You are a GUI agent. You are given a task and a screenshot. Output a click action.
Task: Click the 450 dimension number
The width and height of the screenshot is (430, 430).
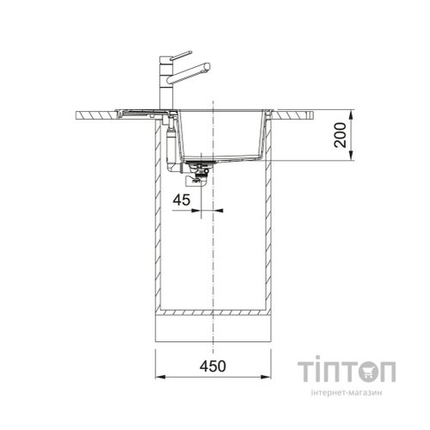[x=212, y=366]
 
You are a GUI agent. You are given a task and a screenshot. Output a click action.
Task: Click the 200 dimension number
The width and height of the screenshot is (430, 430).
[x=341, y=135]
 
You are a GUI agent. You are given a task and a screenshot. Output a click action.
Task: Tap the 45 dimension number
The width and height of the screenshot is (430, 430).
[x=181, y=200]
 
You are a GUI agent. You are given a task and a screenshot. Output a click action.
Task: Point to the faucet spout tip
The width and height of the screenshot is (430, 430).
[x=208, y=66]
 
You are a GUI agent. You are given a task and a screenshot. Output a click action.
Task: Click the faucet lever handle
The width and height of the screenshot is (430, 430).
[x=181, y=55]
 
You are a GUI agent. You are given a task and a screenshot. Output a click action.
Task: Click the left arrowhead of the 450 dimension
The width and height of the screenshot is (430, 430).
[x=160, y=377]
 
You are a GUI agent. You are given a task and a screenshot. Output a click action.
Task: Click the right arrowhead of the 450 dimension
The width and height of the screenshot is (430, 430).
[x=266, y=377]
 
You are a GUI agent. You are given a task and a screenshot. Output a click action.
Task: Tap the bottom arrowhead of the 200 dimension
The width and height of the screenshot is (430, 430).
[x=352, y=156]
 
